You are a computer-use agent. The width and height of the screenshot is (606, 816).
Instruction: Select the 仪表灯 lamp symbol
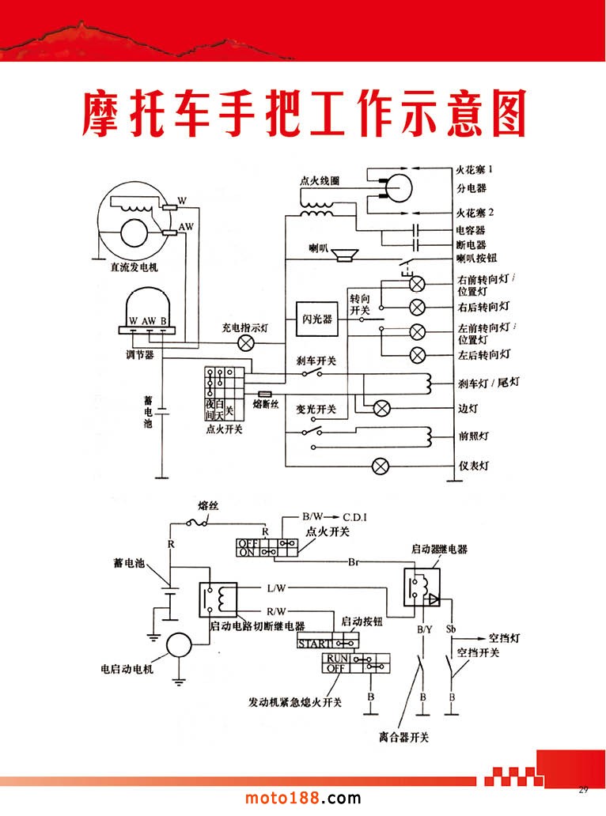[x=381, y=467]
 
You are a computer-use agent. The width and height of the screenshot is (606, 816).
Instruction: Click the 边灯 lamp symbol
[x=381, y=408]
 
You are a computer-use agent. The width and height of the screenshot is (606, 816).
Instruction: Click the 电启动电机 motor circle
[x=180, y=646]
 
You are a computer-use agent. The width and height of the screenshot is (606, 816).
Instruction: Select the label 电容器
[x=471, y=231]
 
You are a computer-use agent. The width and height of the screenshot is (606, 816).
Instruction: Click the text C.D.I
[x=355, y=517]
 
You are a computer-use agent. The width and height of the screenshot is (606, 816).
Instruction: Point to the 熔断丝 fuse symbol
[x=265, y=393]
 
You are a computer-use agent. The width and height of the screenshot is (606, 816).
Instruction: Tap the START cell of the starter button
[x=314, y=644]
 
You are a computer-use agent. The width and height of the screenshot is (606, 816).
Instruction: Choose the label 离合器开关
[x=403, y=738]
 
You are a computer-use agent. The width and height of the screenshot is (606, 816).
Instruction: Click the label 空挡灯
[x=502, y=637]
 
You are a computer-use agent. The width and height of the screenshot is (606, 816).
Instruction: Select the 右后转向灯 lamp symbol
[x=417, y=306]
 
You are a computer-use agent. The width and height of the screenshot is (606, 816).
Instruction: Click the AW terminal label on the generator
[x=186, y=226]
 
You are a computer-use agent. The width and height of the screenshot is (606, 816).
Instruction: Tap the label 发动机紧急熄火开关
[x=295, y=702]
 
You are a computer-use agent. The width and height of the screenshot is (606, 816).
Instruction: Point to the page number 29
[x=584, y=790]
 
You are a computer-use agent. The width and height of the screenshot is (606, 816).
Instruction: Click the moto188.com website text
[x=301, y=799]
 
